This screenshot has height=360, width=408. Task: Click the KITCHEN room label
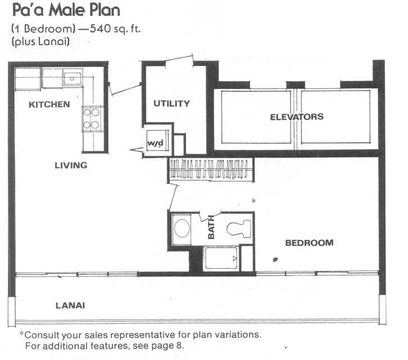[49, 105]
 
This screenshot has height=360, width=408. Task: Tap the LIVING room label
[71, 165]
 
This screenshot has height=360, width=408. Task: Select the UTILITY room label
[172, 103]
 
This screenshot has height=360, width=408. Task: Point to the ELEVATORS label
[297, 116]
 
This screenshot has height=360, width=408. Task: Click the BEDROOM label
[310, 243]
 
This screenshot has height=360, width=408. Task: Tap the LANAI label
[70, 305]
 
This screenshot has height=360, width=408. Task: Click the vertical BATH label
[211, 227]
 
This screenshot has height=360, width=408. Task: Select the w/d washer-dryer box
[156, 141]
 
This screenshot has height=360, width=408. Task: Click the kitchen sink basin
[72, 78]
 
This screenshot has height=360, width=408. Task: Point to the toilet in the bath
[239, 229]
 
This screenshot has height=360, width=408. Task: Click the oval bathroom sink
[182, 228]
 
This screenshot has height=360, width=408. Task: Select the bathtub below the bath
[221, 258]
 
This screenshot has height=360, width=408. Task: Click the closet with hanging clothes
[210, 169]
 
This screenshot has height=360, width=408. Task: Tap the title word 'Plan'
[105, 11]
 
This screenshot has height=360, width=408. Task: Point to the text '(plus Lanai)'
[40, 42]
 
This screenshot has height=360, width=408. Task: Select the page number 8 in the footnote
[179, 345]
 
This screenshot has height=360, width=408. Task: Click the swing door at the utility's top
[179, 58]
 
